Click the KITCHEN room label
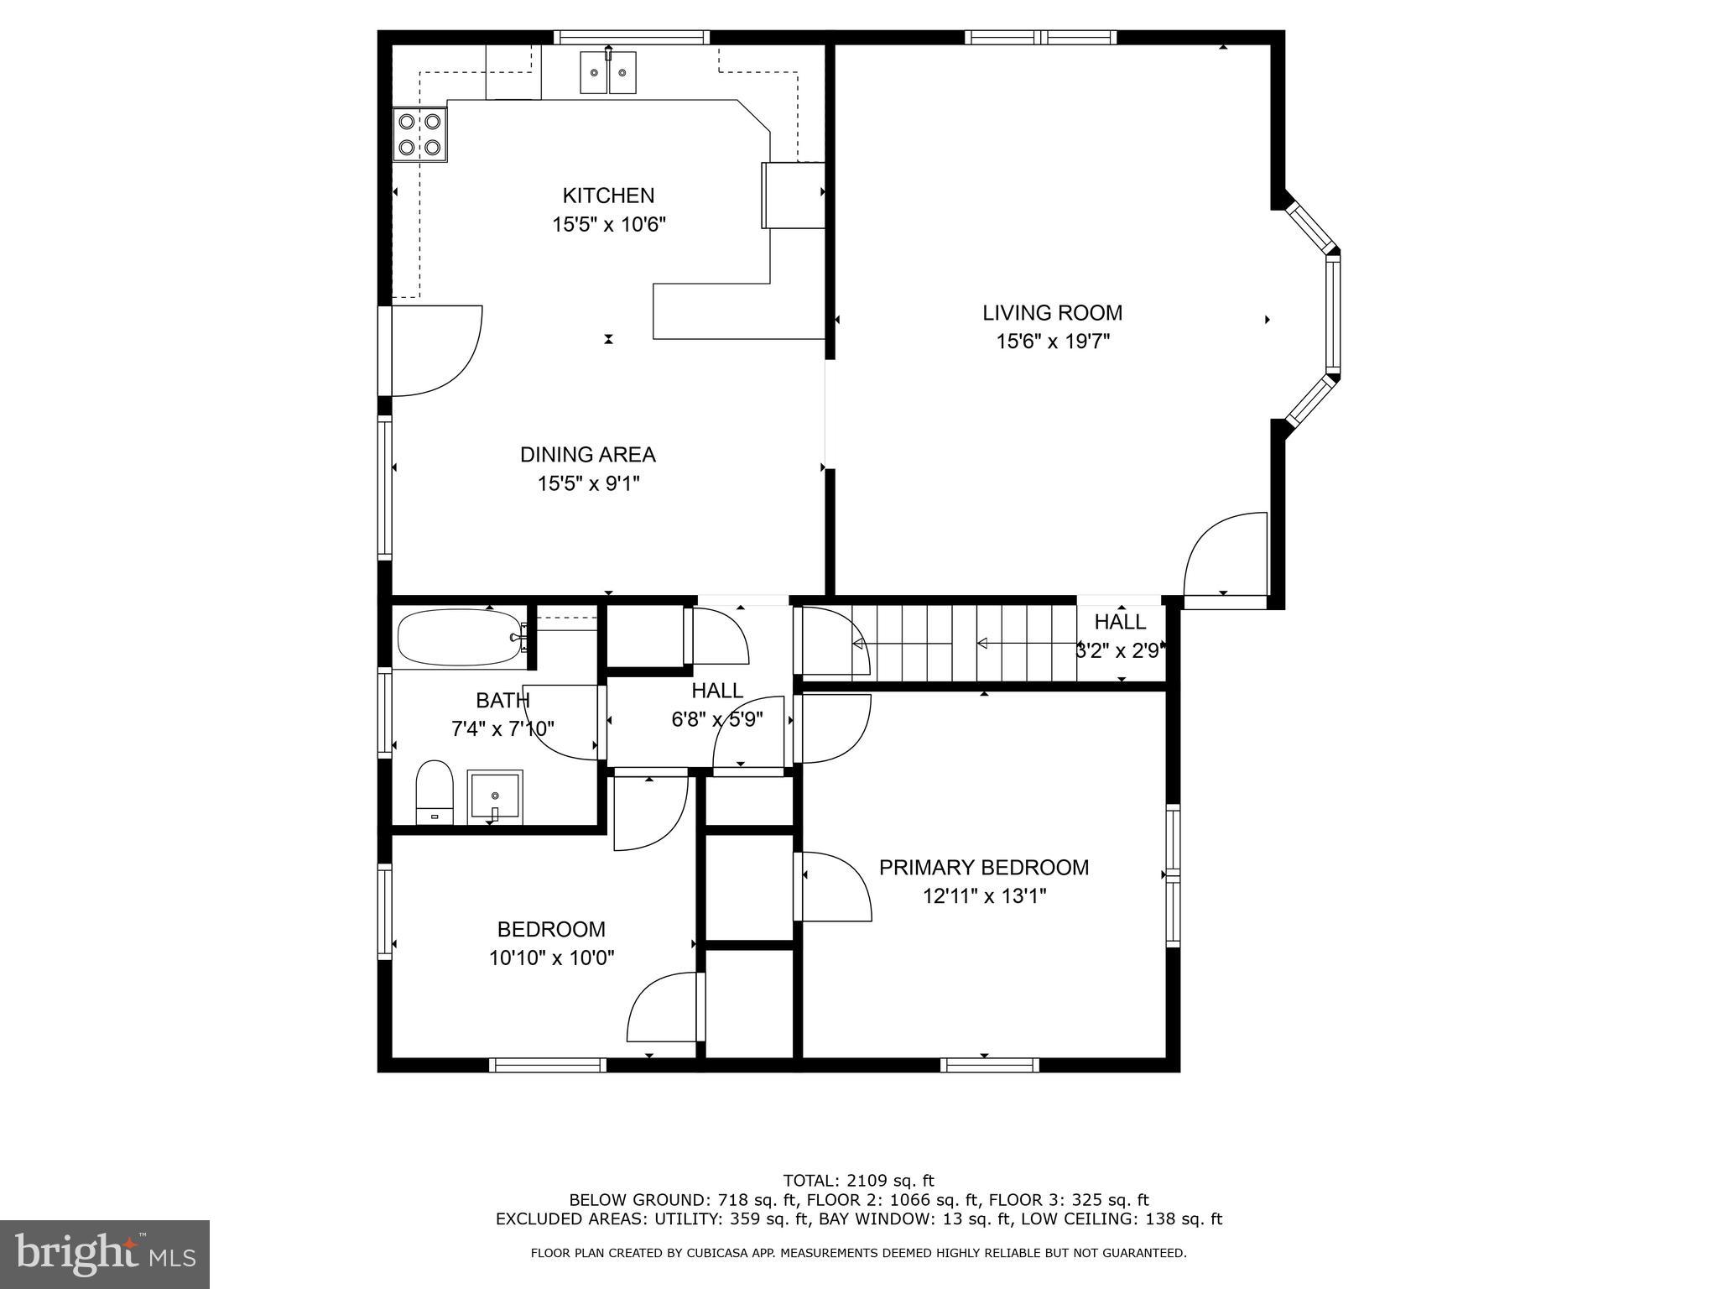[608, 196]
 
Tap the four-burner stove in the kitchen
[420, 134]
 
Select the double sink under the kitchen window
[608, 72]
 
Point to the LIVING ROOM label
[1052, 313]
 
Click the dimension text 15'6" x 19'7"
[1053, 342]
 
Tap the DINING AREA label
[587, 455]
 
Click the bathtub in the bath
[459, 638]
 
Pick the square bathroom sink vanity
[495, 797]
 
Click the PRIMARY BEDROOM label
[984, 868]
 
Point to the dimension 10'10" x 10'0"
[551, 958]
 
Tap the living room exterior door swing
[1225, 554]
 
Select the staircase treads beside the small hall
[973, 644]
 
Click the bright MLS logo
[105, 1254]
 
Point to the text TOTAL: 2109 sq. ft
[858, 1181]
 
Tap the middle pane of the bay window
[1332, 314]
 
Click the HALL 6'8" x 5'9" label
[716, 705]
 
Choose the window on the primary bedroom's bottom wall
[990, 1065]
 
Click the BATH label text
[502, 700]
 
